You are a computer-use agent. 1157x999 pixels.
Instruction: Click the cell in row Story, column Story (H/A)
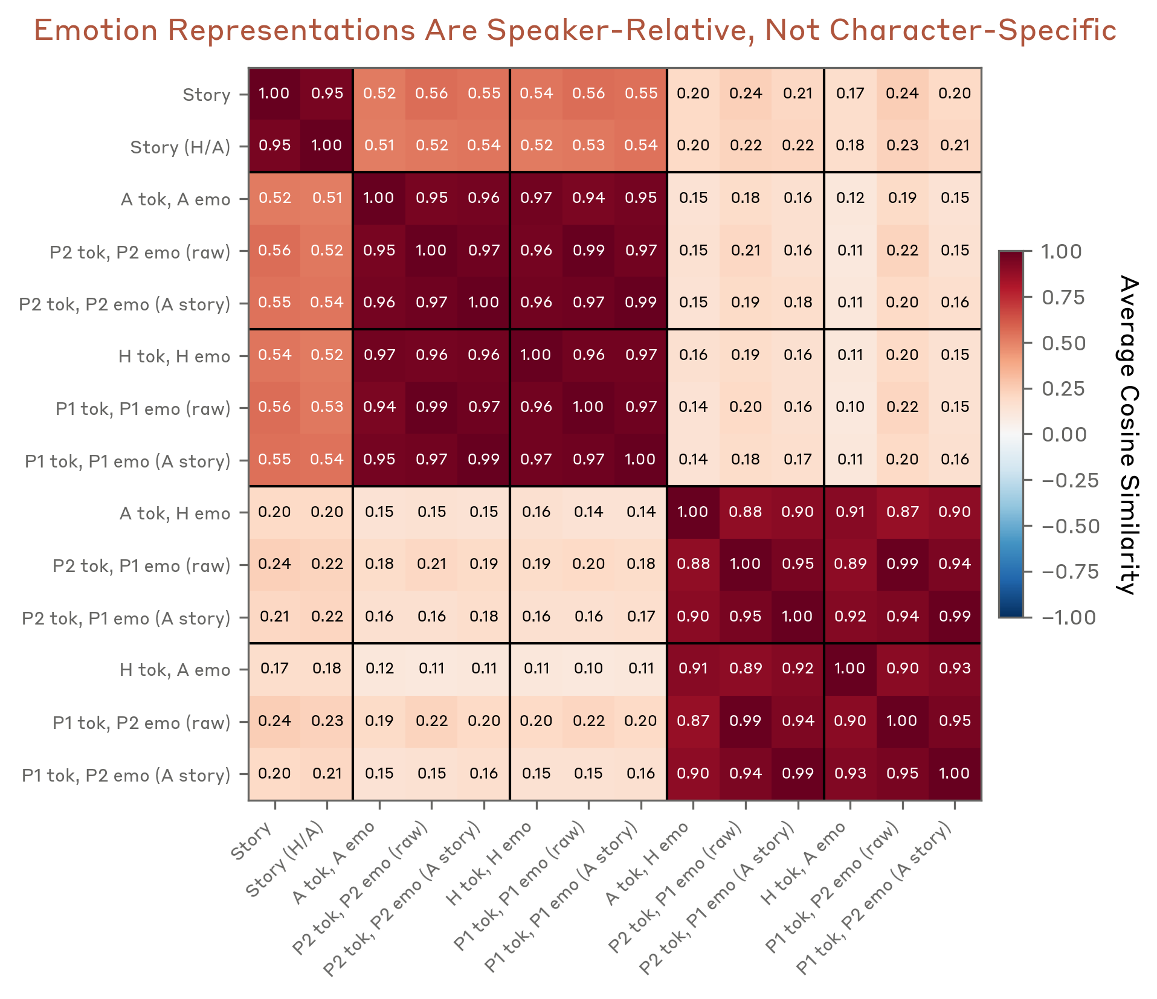click(327, 94)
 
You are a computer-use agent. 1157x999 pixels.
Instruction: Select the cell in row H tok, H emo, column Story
click(274, 355)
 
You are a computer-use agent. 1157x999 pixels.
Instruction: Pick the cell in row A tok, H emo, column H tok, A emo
click(850, 512)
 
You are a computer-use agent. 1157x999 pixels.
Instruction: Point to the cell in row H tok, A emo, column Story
click(274, 669)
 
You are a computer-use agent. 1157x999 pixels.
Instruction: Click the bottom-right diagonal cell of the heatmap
click(955, 774)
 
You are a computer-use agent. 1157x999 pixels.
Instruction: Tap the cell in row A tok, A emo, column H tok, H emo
click(536, 198)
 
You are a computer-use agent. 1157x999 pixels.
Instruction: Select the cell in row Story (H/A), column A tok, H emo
click(693, 146)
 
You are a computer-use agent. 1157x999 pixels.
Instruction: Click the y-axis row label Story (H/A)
click(180, 147)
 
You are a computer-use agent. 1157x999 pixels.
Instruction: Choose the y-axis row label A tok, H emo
click(175, 514)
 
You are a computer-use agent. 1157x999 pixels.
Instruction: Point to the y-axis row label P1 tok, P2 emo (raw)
click(141, 723)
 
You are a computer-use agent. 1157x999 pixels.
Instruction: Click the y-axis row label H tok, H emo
click(174, 357)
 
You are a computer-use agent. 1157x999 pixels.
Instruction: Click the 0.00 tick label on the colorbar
click(1064, 435)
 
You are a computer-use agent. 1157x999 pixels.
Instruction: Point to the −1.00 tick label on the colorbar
click(1068, 618)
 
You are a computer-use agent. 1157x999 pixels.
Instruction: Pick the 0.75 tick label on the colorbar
click(1063, 298)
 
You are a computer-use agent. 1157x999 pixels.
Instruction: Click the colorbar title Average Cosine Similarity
click(1127, 435)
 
